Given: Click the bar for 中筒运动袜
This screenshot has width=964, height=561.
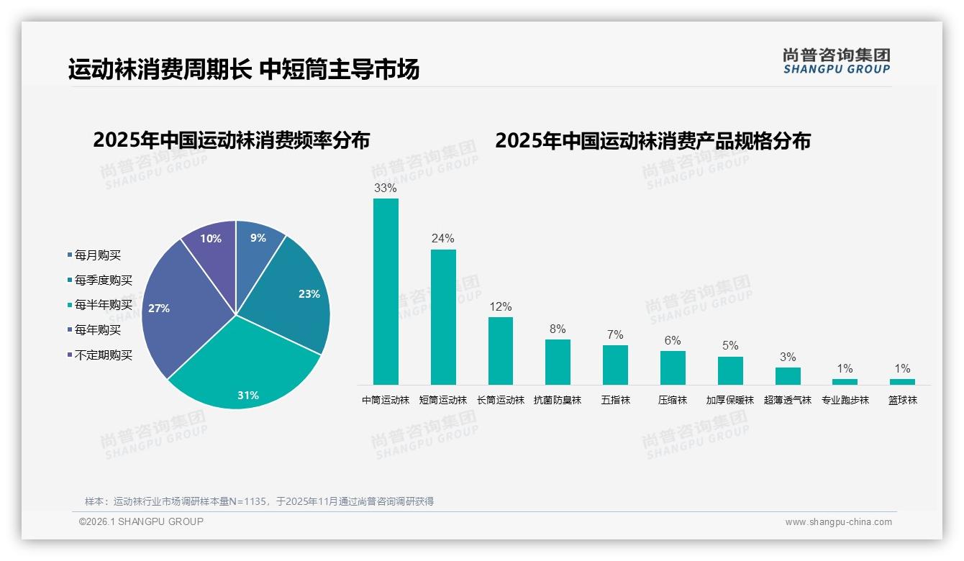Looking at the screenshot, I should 386,291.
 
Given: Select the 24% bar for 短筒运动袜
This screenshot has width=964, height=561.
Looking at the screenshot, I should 443,316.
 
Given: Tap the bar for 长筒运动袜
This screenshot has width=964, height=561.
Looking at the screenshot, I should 501,350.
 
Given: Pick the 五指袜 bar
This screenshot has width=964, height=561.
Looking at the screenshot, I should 615,365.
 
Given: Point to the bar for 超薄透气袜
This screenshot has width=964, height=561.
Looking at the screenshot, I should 788,376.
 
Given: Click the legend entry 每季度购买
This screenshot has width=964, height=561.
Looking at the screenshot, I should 103,280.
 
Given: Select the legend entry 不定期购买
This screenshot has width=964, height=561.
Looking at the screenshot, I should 103,355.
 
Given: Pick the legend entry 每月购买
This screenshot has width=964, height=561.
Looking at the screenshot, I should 97,255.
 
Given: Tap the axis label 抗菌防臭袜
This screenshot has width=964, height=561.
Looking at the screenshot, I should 558,400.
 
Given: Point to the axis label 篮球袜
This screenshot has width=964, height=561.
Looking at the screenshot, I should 903,400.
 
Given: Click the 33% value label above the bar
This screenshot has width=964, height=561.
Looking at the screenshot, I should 386,188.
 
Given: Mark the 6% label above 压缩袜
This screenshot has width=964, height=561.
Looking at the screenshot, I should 673,340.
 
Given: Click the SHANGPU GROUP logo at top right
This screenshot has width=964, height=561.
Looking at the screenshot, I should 836,60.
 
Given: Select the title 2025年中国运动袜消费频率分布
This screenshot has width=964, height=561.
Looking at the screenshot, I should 231,140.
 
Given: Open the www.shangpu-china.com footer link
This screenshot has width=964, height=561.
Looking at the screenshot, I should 838,521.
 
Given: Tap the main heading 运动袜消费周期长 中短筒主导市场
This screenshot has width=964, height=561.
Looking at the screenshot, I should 244,70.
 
